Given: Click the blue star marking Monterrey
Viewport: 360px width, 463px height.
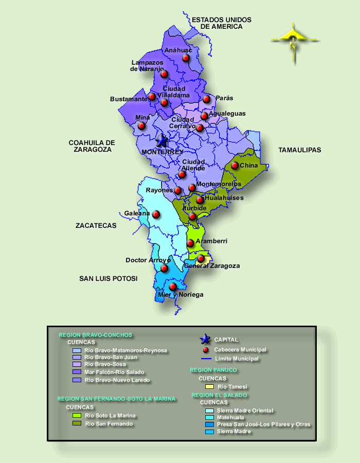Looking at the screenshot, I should [x=162, y=140].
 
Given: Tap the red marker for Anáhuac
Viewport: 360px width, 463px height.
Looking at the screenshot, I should [x=186, y=58].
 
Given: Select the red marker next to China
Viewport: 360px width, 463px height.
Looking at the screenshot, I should [x=235, y=165].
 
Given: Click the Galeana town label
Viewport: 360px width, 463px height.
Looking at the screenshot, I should [x=137, y=213].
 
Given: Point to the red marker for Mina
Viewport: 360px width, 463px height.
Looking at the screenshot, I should [x=141, y=126].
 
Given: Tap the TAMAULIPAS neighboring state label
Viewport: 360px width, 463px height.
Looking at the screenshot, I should [x=299, y=150].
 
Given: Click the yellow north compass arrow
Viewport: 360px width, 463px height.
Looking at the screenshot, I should [x=293, y=41].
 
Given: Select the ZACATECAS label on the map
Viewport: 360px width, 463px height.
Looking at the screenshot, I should [x=96, y=225].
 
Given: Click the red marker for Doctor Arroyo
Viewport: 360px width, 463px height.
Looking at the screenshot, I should [x=164, y=268].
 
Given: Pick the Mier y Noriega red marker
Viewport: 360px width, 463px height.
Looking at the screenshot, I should [x=173, y=286].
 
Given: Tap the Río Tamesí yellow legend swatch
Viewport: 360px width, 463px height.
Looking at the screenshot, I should [x=209, y=386].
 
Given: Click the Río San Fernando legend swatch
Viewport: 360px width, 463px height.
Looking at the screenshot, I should [x=77, y=424].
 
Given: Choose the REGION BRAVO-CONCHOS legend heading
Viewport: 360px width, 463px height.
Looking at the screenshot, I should [x=96, y=335].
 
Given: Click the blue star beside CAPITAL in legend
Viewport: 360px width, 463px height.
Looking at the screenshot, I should [x=205, y=339].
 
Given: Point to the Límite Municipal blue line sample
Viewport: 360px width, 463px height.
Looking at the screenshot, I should [x=205, y=359].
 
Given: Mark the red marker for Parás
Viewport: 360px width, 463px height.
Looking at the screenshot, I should [x=206, y=99].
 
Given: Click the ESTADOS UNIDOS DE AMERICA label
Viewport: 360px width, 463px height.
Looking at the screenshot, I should [x=222, y=23].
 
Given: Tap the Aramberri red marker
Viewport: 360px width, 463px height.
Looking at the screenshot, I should [x=190, y=243].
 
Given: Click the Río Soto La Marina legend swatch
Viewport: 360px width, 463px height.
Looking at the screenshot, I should [x=77, y=416].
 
